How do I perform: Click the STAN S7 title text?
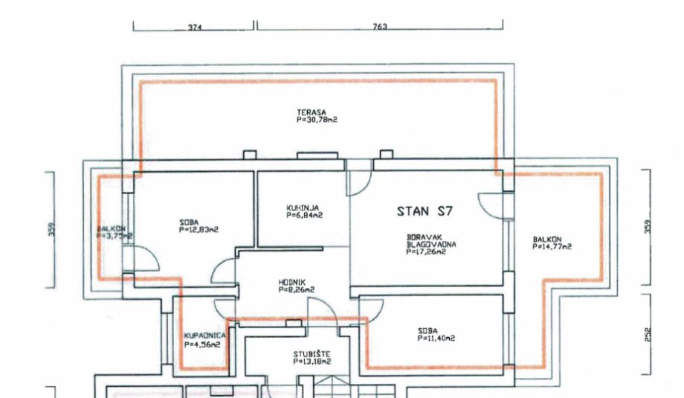click(x=425, y=211)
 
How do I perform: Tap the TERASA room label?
click(x=311, y=112)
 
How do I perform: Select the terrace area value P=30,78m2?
click(x=317, y=119)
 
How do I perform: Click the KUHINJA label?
click(x=303, y=208)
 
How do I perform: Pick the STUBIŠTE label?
click(x=311, y=354)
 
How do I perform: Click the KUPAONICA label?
click(x=205, y=336)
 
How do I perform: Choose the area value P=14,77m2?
click(x=552, y=246)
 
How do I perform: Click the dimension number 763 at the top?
click(x=380, y=28)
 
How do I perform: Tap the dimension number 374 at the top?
click(x=195, y=28)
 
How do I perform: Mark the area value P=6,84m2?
click(x=304, y=215)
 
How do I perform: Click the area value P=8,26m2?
click(x=297, y=289)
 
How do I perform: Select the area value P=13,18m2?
click(x=312, y=362)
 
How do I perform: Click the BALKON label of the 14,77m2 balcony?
click(x=547, y=239)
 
